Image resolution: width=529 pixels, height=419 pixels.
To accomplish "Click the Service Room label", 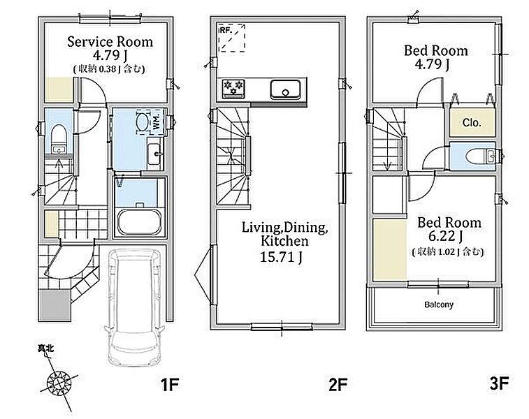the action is [x=110, y=42].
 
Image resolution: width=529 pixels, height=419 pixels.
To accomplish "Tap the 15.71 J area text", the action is [x=282, y=257].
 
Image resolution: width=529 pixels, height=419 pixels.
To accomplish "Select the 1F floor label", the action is [x=169, y=385].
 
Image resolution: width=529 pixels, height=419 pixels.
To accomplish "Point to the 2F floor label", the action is [x=338, y=385].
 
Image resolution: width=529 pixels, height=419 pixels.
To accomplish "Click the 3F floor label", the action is [x=499, y=383].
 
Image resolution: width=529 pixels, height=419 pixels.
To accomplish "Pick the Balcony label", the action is [x=439, y=304].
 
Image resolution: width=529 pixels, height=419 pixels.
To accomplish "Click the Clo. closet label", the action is [x=472, y=123].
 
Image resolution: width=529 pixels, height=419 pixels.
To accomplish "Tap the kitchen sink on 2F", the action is [x=285, y=89].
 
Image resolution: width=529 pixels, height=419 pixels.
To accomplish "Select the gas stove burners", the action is [x=233, y=88].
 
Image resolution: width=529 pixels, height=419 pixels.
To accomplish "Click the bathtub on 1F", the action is [x=139, y=223].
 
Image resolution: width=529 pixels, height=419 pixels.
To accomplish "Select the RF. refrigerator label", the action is [x=226, y=30].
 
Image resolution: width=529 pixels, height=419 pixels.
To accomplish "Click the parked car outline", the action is [x=135, y=307].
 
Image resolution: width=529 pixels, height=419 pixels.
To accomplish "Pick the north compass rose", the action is [x=59, y=383].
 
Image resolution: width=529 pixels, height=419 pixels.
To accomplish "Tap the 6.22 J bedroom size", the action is [x=446, y=236].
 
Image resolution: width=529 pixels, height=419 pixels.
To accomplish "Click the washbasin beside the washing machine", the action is [x=155, y=154].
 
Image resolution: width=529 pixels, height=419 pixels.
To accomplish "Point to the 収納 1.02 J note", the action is [x=448, y=252].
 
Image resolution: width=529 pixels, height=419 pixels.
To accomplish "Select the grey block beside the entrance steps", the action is [x=55, y=305].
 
